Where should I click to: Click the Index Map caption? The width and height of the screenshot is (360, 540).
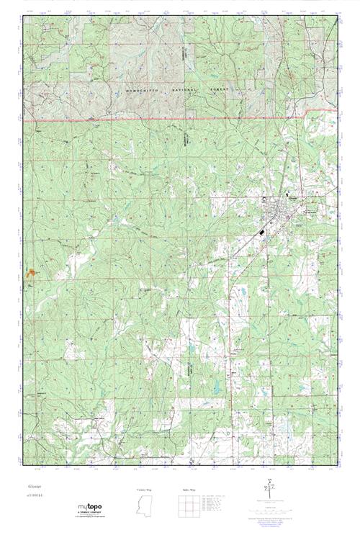[x=185, y=489]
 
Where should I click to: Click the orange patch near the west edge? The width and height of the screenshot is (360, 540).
[x=31, y=274]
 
